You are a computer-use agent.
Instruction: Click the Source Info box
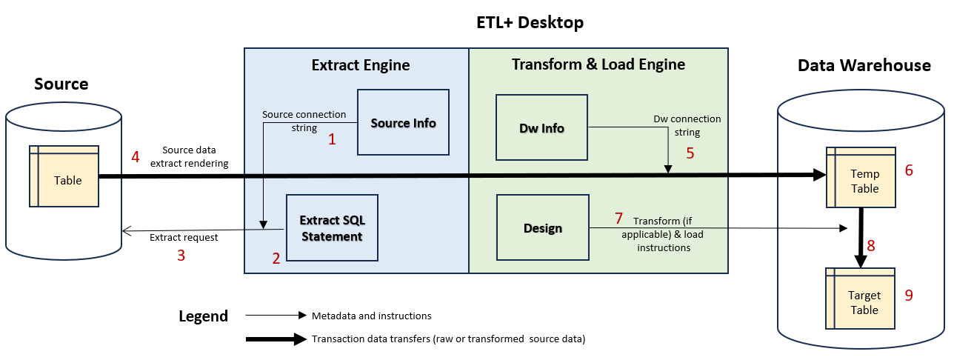pyautogui.click(x=403, y=122)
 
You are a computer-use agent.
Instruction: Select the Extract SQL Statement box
pyautogui.click(x=332, y=228)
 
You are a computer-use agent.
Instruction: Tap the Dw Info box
pyautogui.click(x=541, y=127)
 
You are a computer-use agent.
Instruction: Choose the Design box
pyautogui.click(x=542, y=228)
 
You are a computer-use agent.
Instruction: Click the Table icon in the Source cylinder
pyautogui.click(x=64, y=179)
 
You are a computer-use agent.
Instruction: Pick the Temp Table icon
pyautogui.click(x=861, y=181)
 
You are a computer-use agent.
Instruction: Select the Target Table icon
pyautogui.click(x=861, y=302)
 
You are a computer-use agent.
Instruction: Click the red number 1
pyautogui.click(x=332, y=139)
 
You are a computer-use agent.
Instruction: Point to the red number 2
pyautogui.click(x=276, y=259)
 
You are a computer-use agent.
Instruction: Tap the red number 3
pyautogui.click(x=180, y=256)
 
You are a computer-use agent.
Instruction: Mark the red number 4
pyautogui.click(x=135, y=157)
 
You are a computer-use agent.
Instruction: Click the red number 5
pyautogui.click(x=690, y=154)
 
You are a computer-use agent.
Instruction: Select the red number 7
pyautogui.click(x=618, y=219)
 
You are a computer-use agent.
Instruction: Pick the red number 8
pyautogui.click(x=871, y=246)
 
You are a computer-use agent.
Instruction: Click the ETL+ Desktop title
pyautogui.click(x=530, y=23)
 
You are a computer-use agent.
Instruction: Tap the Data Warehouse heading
pyautogui.click(x=864, y=65)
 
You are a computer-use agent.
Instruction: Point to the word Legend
pyautogui.click(x=203, y=316)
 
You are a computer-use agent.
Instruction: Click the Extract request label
pyautogui.click(x=184, y=238)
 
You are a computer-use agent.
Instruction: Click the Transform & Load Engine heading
pyautogui.click(x=598, y=64)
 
